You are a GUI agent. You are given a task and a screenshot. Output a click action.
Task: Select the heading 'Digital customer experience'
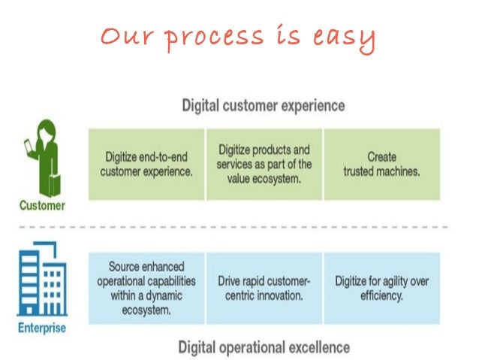click(264, 106)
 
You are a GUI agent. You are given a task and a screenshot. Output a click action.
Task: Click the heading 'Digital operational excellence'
click(264, 346)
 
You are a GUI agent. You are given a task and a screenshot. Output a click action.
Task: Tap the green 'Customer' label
click(43, 204)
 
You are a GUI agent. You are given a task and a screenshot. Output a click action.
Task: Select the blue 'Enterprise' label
click(41, 328)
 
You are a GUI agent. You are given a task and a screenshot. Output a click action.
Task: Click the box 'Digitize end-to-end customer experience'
click(146, 164)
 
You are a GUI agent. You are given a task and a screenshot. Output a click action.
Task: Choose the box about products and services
click(264, 164)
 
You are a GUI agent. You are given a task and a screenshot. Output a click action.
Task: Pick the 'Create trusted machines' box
click(381, 164)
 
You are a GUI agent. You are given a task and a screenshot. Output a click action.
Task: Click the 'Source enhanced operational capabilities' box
click(146, 288)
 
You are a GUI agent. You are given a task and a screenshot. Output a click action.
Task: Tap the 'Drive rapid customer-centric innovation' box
click(264, 288)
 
